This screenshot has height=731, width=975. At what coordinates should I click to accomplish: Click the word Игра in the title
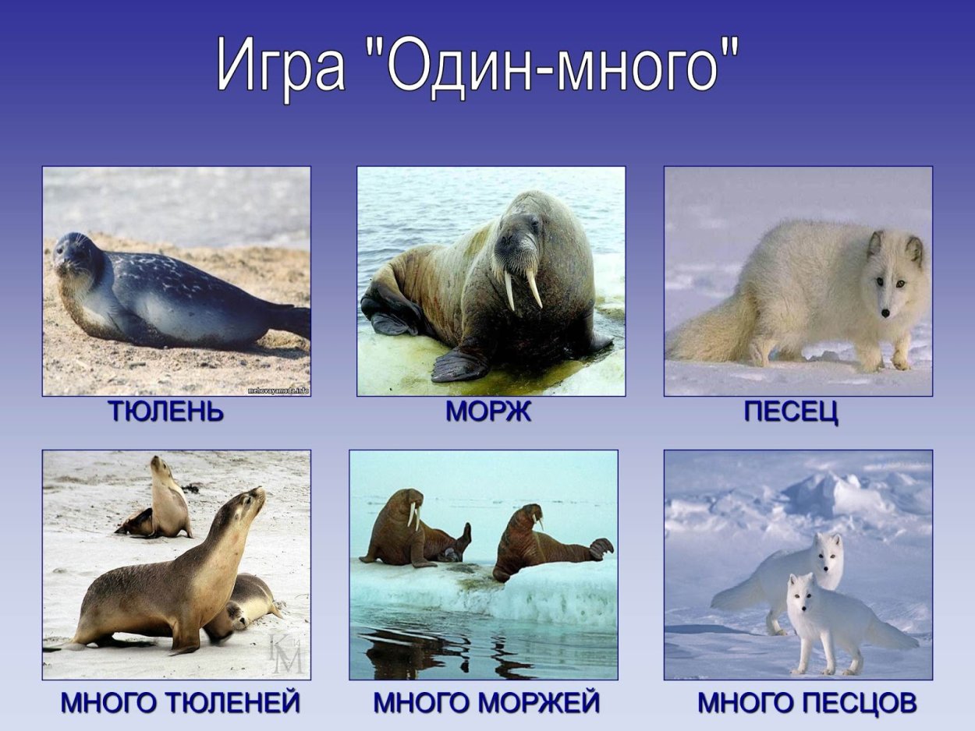pyautogui.click(x=281, y=66)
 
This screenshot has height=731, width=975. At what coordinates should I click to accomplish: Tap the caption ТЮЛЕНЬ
pyautogui.click(x=166, y=411)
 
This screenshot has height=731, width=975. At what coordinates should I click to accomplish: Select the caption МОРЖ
pyautogui.click(x=488, y=411)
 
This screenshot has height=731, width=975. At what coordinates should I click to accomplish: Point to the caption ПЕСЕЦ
pyautogui.click(x=791, y=411)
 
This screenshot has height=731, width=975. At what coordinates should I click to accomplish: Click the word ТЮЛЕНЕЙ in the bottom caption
pyautogui.click(x=234, y=703)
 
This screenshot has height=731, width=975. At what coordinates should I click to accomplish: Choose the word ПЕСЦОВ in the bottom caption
pyautogui.click(x=857, y=703)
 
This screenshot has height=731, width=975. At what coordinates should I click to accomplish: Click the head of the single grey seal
pyautogui.click(x=76, y=256)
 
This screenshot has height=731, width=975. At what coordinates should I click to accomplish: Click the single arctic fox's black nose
pyautogui.click(x=885, y=313)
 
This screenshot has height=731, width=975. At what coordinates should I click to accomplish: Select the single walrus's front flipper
pyautogui.click(x=460, y=363)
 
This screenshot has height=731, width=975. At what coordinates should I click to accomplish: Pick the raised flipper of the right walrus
pyautogui.click(x=601, y=547)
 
